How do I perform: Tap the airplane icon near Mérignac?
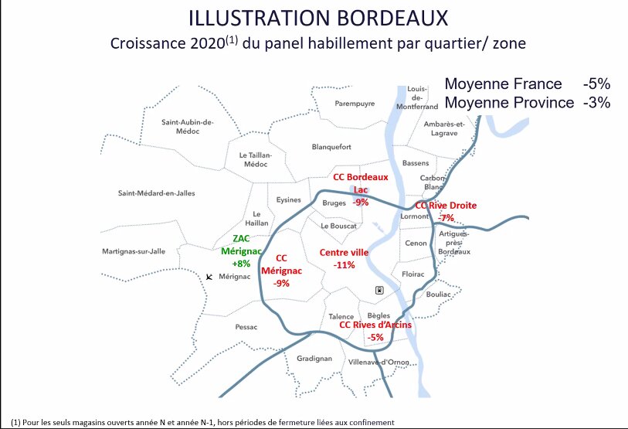click(209, 276)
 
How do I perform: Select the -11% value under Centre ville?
click(344, 265)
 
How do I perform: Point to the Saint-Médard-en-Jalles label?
click(156, 193)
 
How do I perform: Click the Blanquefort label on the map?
click(331, 147)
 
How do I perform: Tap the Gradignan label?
click(314, 359)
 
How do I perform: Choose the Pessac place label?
click(246, 327)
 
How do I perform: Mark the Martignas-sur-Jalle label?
click(134, 252)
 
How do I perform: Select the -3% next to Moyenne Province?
click(597, 102)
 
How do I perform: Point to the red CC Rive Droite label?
click(446, 206)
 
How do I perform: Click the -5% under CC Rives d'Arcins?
click(375, 337)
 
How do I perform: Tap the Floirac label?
click(413, 274)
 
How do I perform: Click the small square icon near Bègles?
click(378, 290)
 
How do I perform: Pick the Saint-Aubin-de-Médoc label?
click(187, 126)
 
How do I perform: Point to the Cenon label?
click(416, 243)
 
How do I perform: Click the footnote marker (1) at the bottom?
click(6, 422)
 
